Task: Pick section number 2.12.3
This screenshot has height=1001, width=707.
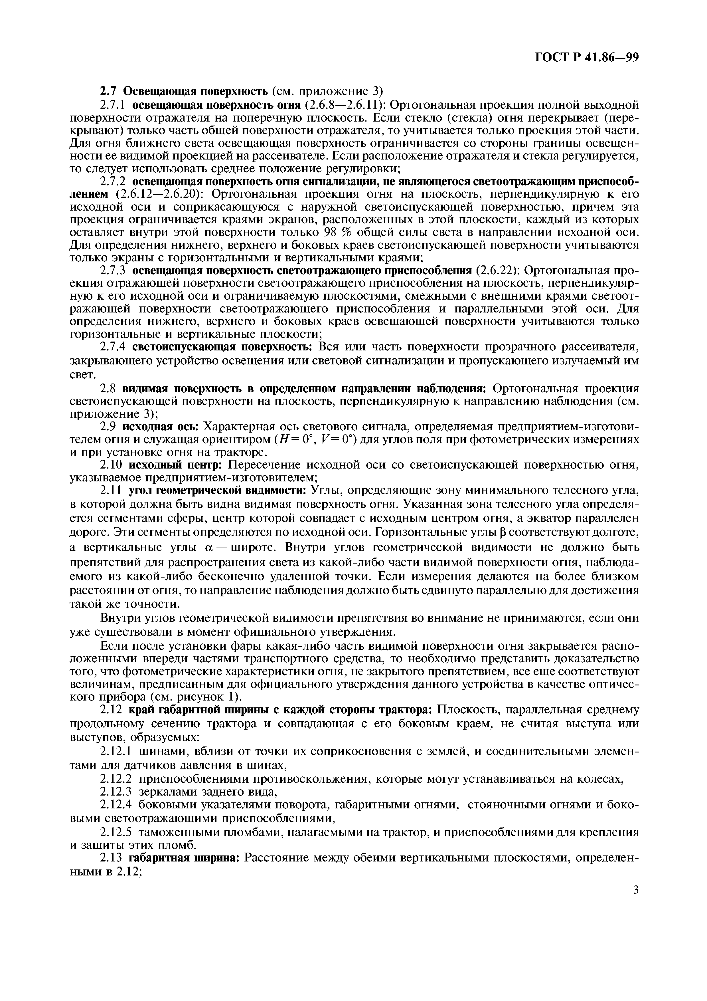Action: pyautogui.click(x=116, y=791)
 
